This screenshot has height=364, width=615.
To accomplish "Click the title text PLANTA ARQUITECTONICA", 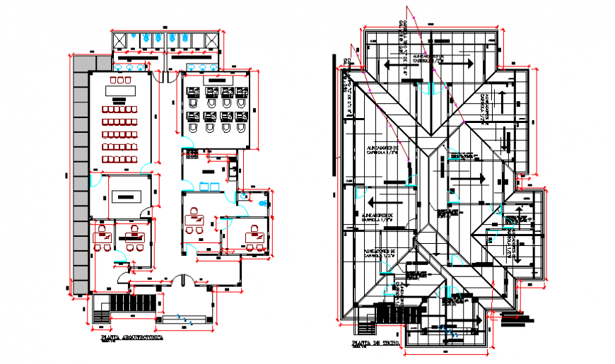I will [x=132, y=339].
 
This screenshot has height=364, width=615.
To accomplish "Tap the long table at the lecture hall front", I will [x=120, y=90].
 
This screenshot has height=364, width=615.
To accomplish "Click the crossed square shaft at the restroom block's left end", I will [x=119, y=38].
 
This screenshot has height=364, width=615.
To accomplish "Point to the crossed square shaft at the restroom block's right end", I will [x=212, y=38].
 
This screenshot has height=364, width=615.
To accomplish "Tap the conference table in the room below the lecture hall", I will [x=128, y=195].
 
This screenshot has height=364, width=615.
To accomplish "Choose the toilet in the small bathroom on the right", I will [x=264, y=203].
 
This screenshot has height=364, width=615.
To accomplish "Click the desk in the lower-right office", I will [x=251, y=230].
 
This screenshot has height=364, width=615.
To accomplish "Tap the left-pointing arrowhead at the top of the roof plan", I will [x=387, y=64].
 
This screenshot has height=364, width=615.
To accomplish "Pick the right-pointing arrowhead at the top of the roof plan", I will [x=470, y=64].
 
